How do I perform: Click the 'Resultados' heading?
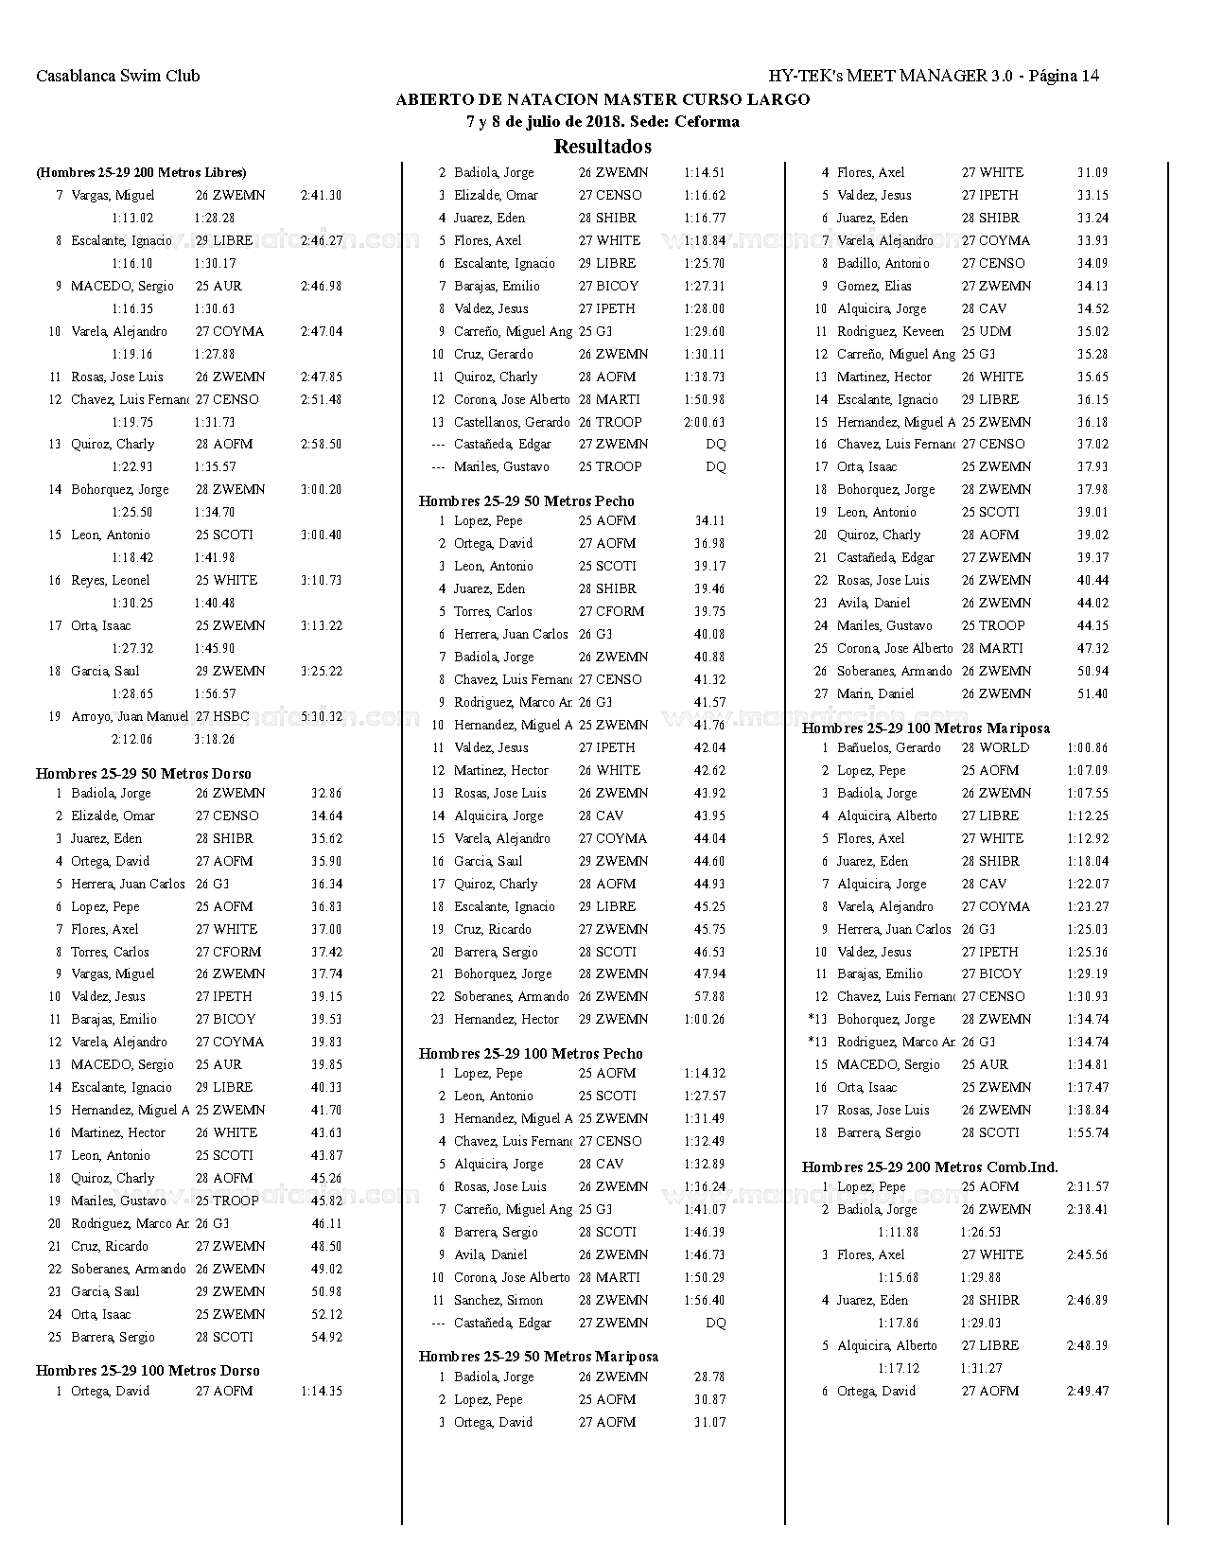tap(603, 147)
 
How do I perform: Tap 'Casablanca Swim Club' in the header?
tap(118, 77)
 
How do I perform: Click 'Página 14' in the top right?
tap(1063, 77)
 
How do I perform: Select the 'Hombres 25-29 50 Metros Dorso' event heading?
tap(144, 774)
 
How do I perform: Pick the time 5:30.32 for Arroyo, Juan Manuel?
tap(321, 717)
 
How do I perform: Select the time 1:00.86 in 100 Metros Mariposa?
tap(1087, 748)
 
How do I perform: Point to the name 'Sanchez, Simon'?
tap(498, 1301)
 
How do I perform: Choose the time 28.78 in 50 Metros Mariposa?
tap(709, 1377)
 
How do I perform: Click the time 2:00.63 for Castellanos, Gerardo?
tap(704, 423)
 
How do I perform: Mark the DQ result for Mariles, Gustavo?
tap(716, 467)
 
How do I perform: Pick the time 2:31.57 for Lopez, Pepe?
tap(1087, 1187)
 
